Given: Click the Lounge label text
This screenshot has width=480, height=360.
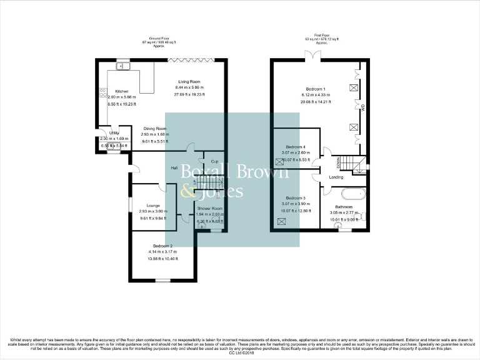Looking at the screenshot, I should point(153,205).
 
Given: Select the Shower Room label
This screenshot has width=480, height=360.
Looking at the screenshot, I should point(209,208).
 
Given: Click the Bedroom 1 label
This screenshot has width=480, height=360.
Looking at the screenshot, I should point(316,89).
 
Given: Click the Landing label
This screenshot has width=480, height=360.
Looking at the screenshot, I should point(336,177).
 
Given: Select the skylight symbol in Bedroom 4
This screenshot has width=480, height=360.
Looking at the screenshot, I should point(278,159).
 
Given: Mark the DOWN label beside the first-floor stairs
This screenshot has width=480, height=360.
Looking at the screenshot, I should point(339,161).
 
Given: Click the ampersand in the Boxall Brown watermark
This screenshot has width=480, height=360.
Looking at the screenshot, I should point(186,192).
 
